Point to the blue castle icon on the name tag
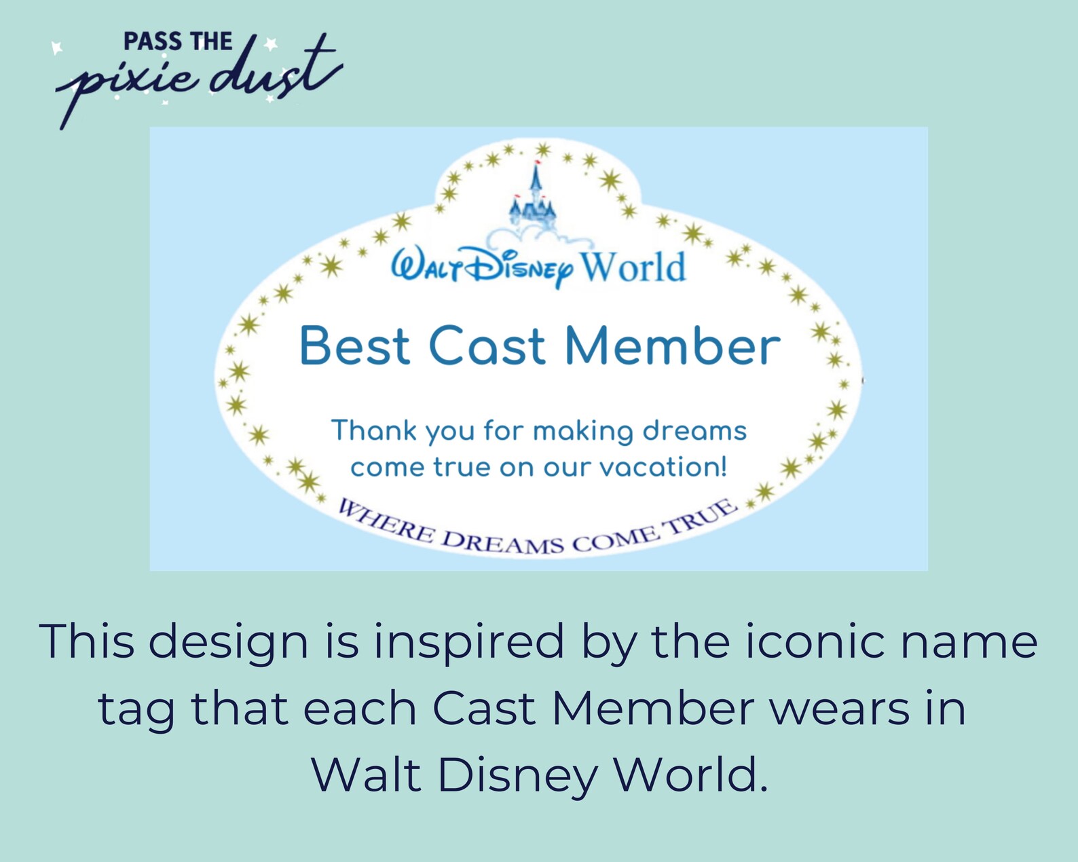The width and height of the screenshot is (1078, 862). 534,198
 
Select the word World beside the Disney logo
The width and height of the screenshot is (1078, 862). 633,267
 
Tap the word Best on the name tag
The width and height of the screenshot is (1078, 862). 355,346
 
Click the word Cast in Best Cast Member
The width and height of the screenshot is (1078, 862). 487,346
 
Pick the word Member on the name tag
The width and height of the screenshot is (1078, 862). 672,346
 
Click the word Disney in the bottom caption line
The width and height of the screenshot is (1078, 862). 517,775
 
